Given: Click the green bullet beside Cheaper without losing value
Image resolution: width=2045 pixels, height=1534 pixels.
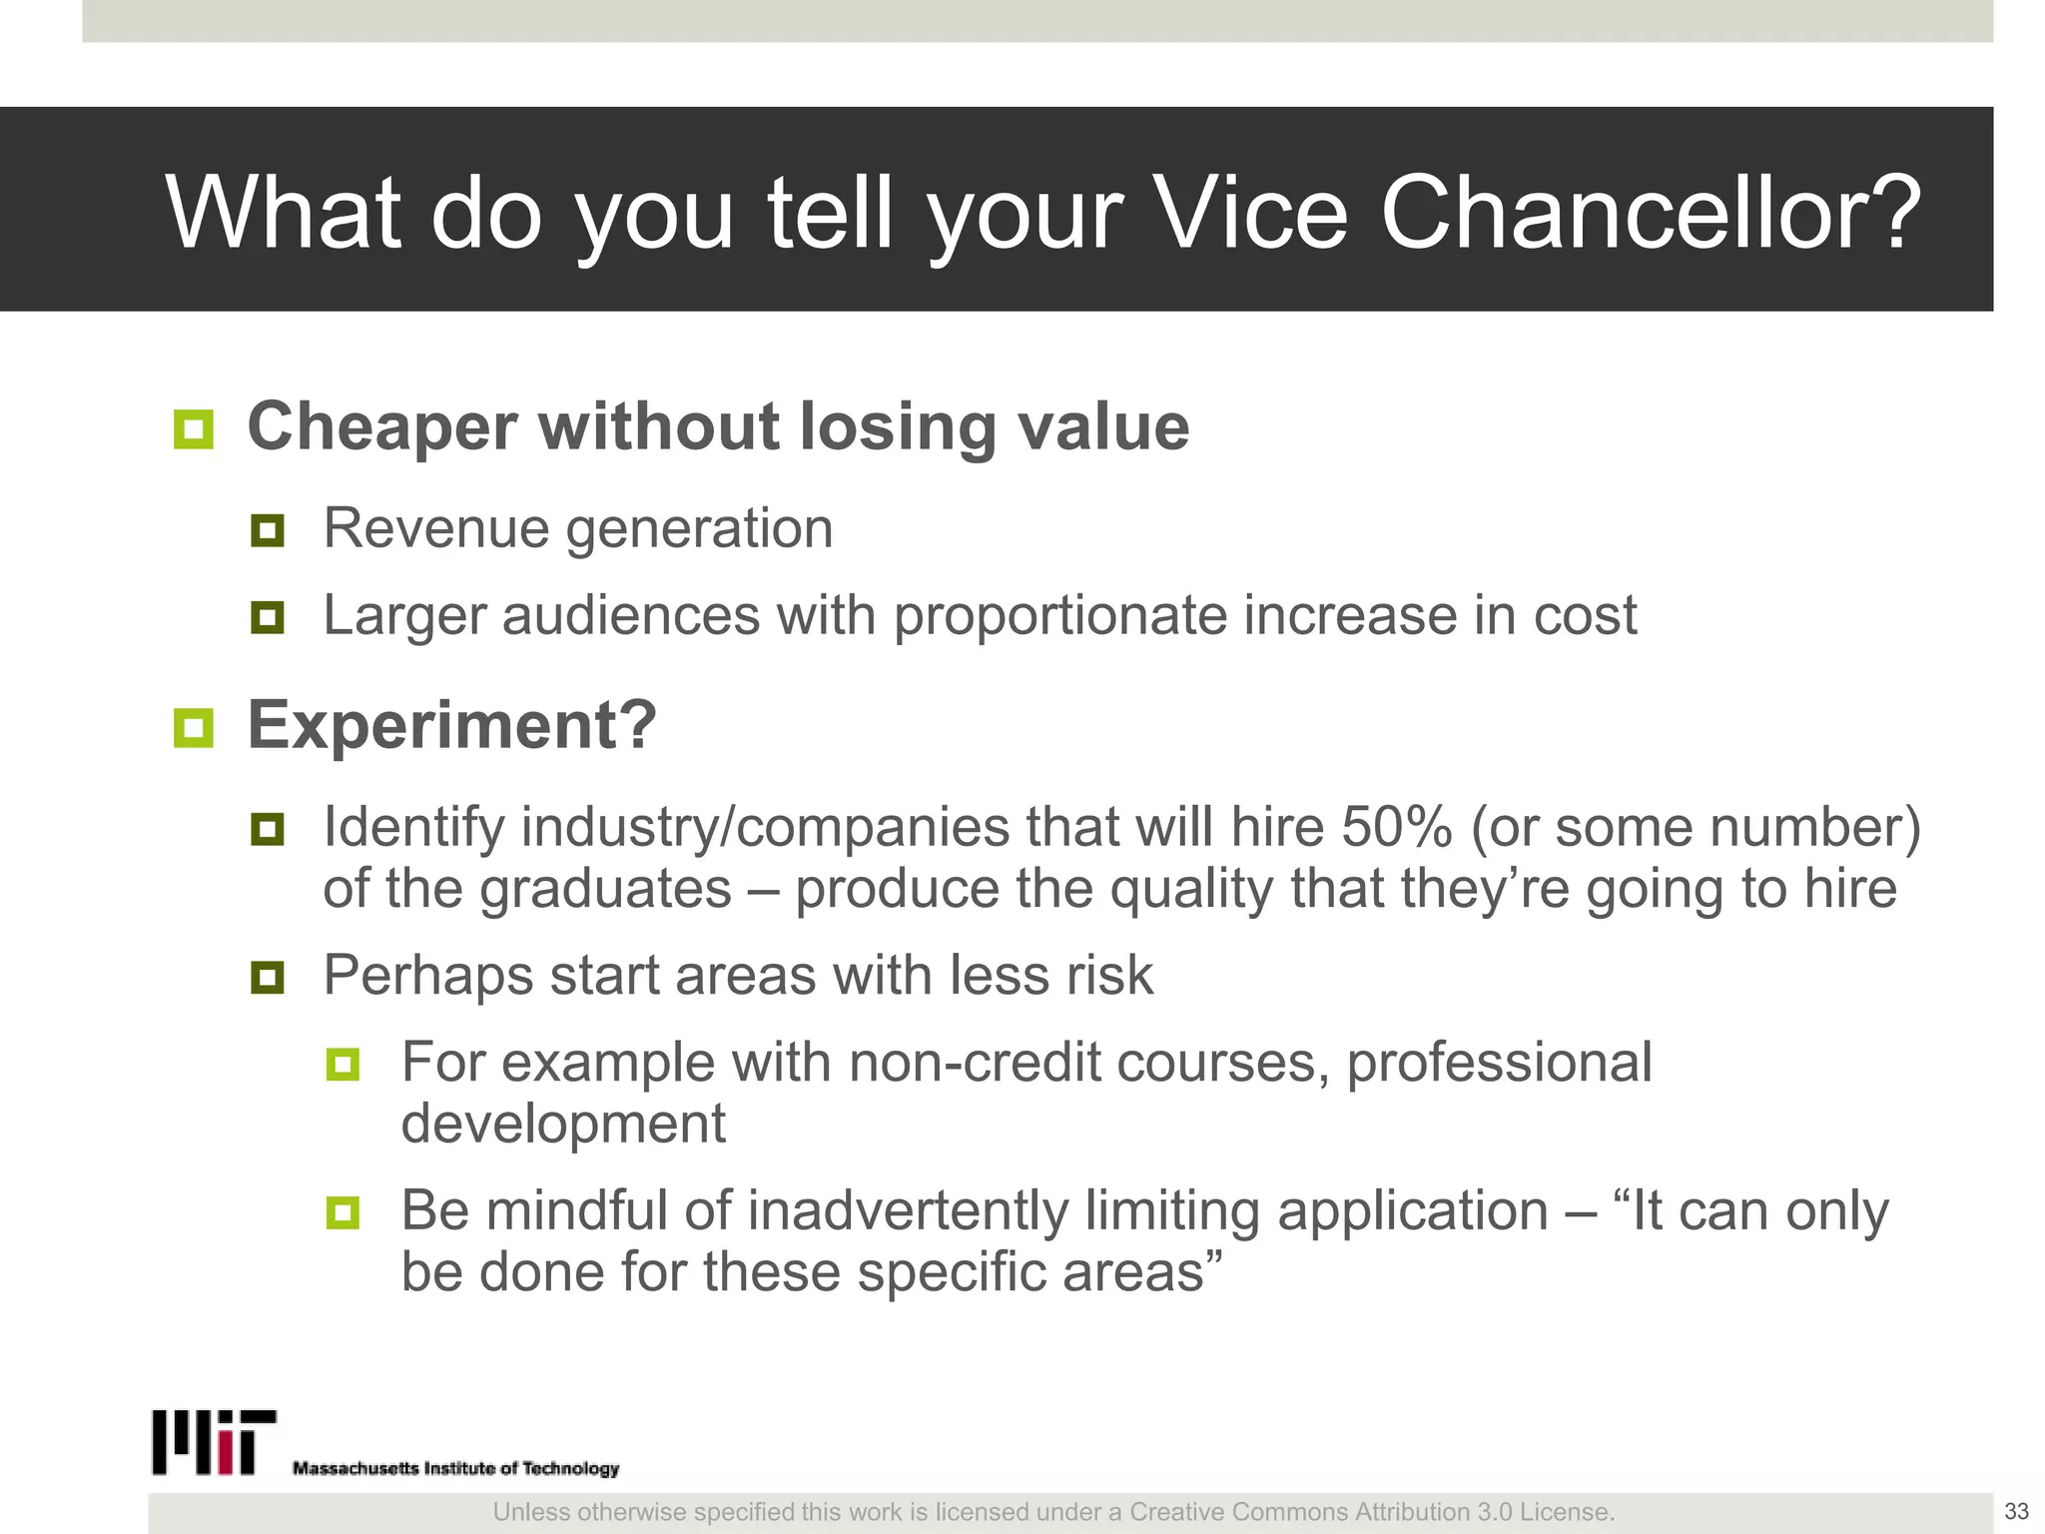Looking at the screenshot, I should [x=193, y=429].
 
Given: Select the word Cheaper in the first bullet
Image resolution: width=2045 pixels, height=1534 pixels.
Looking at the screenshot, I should [x=382, y=427].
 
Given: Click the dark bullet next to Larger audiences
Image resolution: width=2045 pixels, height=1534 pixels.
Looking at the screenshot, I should [x=268, y=617].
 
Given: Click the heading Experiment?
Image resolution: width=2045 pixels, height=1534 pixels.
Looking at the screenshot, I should [x=452, y=725].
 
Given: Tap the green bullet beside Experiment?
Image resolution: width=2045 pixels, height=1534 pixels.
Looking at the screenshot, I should [x=193, y=728].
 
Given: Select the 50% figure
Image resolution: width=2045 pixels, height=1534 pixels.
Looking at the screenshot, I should [x=1396, y=827].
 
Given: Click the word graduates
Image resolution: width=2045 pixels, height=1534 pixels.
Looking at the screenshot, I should [x=606, y=889].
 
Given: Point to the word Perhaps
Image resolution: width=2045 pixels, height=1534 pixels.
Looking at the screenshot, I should [x=428, y=976].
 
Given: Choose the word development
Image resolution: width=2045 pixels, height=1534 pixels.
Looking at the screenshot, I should [x=563, y=1124].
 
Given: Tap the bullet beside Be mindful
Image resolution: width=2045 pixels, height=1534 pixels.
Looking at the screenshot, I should [x=342, y=1213].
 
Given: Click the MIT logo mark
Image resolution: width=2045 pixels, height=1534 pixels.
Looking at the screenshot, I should [x=214, y=1442].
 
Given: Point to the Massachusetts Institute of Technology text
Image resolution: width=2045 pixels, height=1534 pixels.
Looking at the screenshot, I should [x=455, y=1468].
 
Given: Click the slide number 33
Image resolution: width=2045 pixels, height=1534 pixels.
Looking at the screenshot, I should [x=2016, y=1511].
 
